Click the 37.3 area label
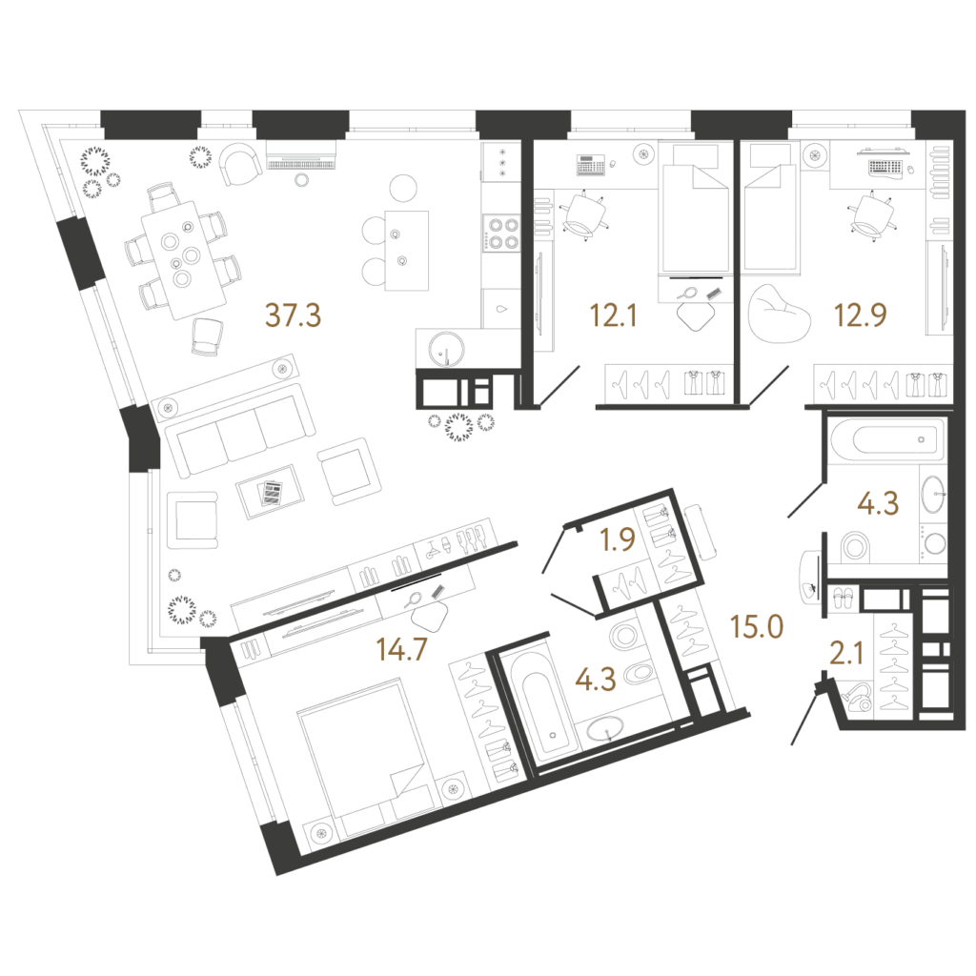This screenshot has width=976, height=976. point(294,315)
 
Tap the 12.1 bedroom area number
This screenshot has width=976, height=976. point(613,315)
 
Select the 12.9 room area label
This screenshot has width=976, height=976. point(861,315)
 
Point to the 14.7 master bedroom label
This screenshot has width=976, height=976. point(401,649)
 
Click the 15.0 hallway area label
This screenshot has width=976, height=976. point(757,627)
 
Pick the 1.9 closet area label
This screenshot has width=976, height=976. point(618,539)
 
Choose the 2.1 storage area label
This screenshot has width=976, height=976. point(846,654)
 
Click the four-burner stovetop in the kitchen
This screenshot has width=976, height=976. point(501,233)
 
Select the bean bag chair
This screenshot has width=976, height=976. point(780,315)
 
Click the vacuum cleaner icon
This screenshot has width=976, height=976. point(857,697)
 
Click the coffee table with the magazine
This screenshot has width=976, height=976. point(270,492)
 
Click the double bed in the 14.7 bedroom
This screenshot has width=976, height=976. point(366,756)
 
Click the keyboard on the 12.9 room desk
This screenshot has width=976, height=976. point(884,168)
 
